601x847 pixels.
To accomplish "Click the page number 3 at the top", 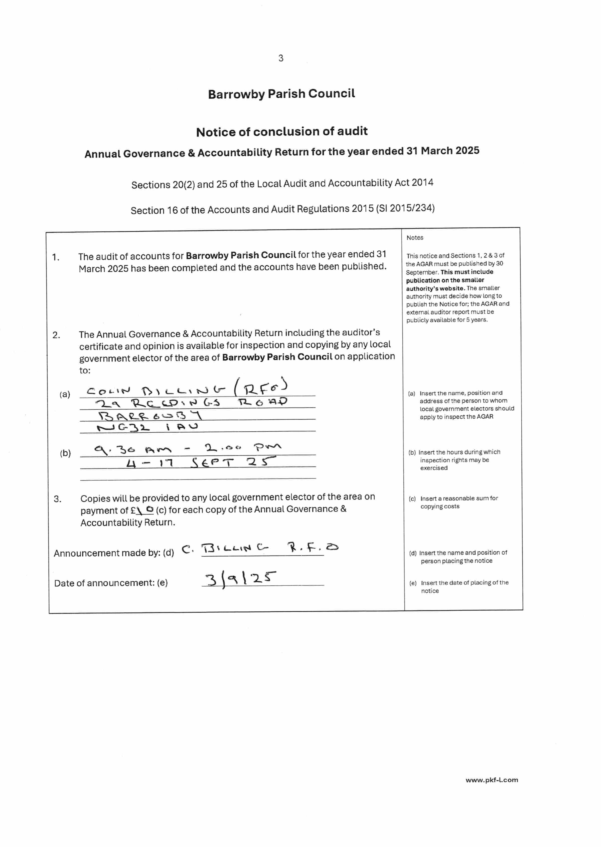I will pyautogui.click(x=281, y=58).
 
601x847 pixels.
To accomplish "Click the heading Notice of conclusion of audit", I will pyautogui.click(x=282, y=132).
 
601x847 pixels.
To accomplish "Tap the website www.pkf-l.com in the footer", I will pyautogui.click(x=492, y=780).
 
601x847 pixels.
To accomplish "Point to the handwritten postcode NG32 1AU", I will pyautogui.click(x=147, y=427).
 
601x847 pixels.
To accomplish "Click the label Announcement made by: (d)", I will pyautogui.click(x=114, y=553).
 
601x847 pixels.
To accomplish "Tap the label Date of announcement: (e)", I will pyautogui.click(x=111, y=583).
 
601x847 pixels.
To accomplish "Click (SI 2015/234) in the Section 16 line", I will pyautogui.click(x=405, y=208).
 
